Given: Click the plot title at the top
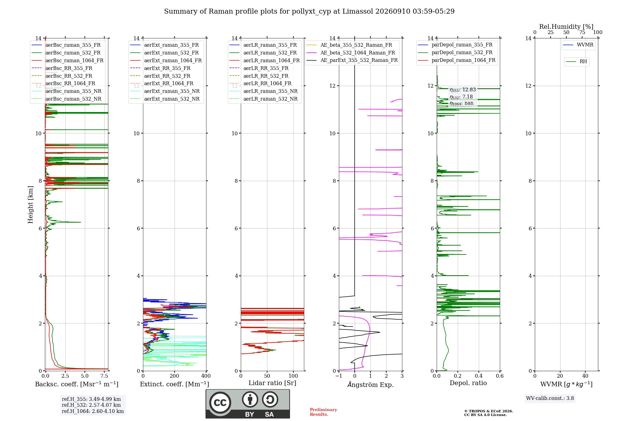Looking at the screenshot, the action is [x=309, y=11].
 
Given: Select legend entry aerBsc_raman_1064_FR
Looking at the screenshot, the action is [x=74, y=60].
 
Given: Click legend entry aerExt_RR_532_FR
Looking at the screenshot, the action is [x=167, y=76].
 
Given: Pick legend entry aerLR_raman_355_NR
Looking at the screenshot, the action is [x=271, y=91].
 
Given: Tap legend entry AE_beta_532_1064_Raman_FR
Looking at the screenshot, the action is [x=358, y=53].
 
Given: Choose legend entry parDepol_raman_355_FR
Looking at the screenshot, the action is [x=462, y=45].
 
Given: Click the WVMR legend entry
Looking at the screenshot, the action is [x=585, y=45].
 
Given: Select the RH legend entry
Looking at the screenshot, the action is [x=583, y=62].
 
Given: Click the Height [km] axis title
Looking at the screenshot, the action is [x=30, y=205].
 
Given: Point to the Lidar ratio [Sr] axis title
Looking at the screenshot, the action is [x=272, y=383].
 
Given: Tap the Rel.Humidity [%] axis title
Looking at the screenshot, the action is [x=566, y=27].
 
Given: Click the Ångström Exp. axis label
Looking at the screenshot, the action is [x=370, y=384].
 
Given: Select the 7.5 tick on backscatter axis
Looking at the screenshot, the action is [x=104, y=376].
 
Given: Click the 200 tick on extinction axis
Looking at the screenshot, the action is [x=175, y=376].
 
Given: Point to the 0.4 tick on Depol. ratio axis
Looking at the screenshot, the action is [x=479, y=376].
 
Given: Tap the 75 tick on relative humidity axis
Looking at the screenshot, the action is [x=582, y=32].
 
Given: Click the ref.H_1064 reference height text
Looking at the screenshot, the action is [x=93, y=411].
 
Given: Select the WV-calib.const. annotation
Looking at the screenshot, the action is [x=550, y=398].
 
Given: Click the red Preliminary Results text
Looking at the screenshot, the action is [x=323, y=412].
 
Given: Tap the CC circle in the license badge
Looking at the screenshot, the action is [x=220, y=403].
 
